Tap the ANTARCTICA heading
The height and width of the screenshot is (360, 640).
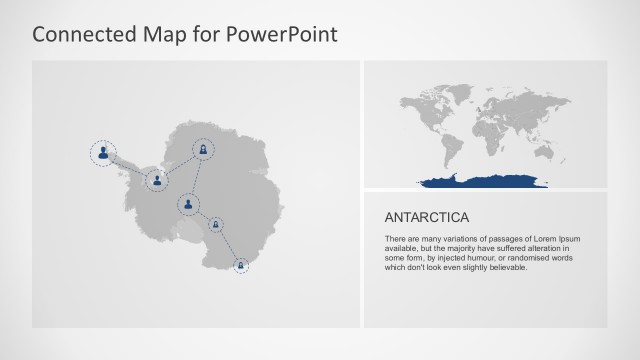coord(427,216)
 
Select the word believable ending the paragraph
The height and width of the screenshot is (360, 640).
coord(503,267)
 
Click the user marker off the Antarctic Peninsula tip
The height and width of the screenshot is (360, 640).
coord(103,153)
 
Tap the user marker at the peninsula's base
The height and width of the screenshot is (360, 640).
coord(156,181)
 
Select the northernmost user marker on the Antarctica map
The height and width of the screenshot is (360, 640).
coord(203,150)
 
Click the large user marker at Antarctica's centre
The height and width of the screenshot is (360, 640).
coord(188,206)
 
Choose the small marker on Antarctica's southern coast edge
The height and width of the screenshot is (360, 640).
coord(240,265)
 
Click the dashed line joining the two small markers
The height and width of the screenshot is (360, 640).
coord(227,245)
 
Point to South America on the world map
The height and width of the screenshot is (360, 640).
coord(442,143)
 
